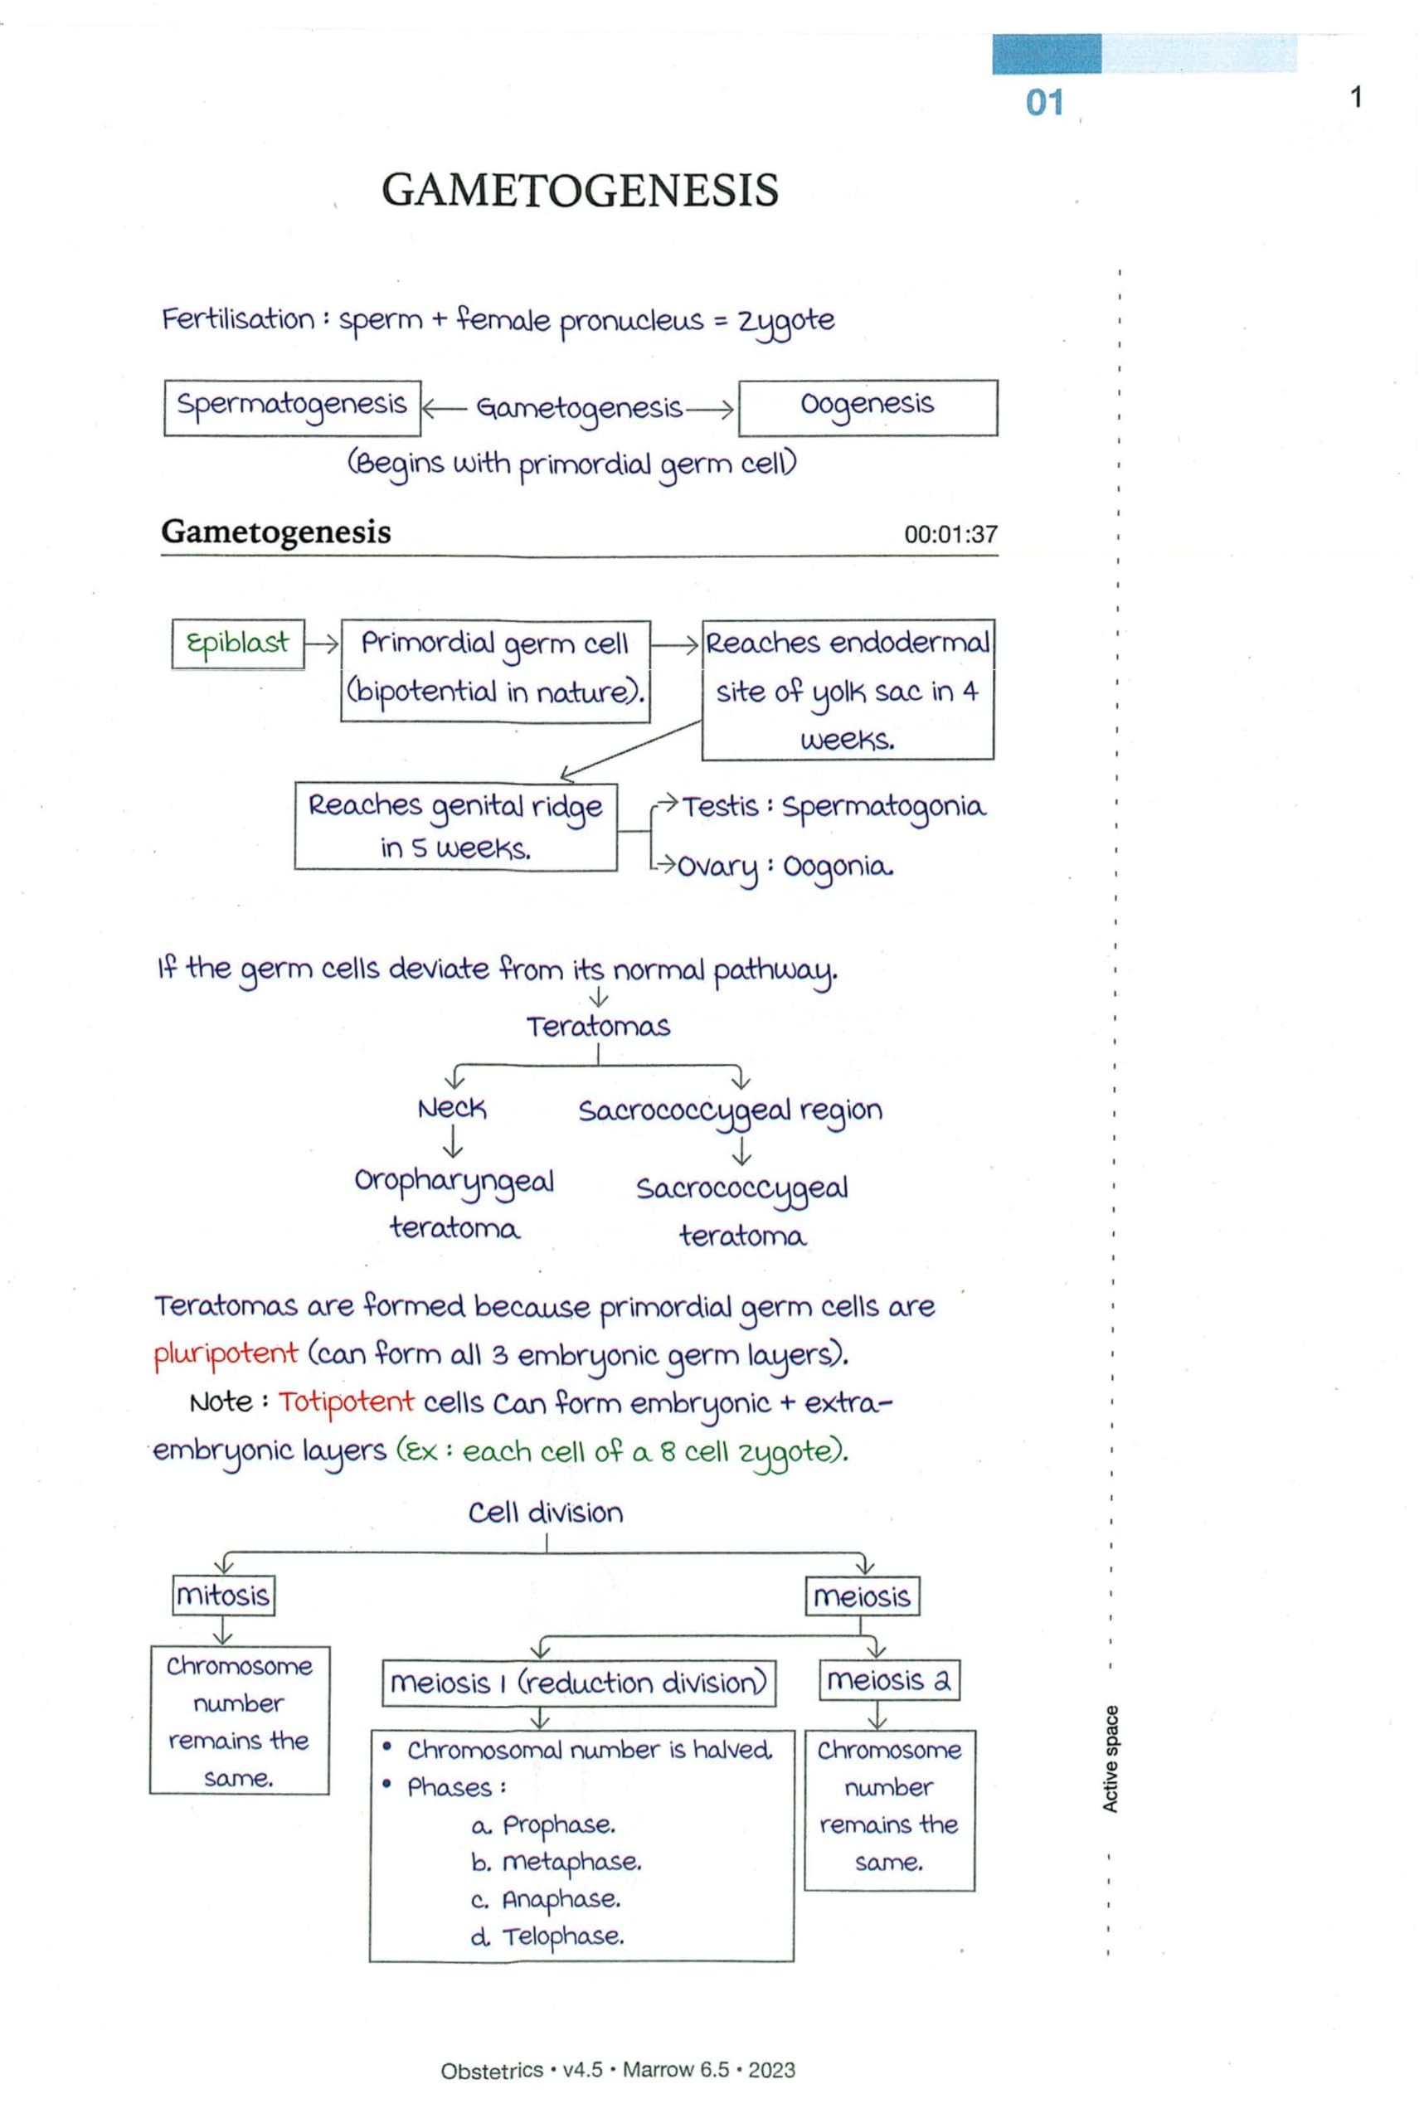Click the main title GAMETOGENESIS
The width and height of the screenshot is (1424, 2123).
coord(580,191)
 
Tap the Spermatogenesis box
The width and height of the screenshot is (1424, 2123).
coord(292,408)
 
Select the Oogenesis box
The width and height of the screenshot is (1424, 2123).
coord(868,408)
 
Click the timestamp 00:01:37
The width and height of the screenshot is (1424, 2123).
coord(950,534)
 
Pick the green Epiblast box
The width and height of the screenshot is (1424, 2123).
coord(238,644)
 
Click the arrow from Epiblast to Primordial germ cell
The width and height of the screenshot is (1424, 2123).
coord(322,644)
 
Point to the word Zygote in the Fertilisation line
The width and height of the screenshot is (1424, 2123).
coord(785,321)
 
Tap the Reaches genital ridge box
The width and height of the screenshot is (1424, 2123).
coord(455,826)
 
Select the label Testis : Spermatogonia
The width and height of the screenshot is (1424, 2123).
coord(833,806)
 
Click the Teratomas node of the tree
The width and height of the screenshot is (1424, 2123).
coord(598,1027)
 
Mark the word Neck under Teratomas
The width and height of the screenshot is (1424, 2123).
coord(451,1109)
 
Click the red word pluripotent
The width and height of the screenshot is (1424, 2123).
coord(226,1354)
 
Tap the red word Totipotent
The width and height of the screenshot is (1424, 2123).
coord(346,1402)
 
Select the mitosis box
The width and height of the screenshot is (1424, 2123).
coord(223,1596)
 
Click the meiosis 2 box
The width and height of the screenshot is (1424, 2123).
coord(889,1681)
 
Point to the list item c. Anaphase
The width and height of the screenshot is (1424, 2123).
coord(547,1899)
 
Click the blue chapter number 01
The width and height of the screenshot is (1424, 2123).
coord(1044,102)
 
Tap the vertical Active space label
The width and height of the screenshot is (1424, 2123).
coord(1110,1759)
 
